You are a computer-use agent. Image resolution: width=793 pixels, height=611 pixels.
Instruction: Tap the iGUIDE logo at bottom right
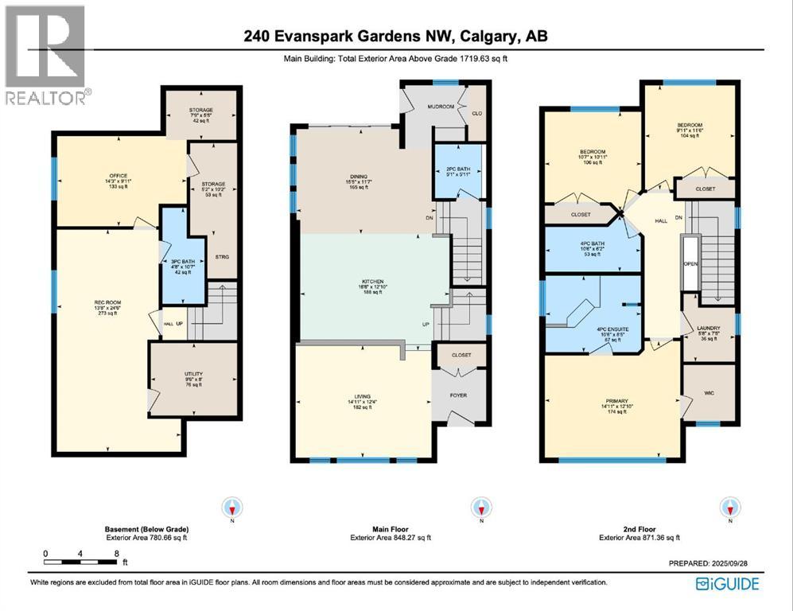coord(727,584)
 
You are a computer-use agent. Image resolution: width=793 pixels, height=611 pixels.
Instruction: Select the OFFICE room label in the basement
coord(119,176)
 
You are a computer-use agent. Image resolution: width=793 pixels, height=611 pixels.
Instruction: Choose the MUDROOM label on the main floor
coord(441,106)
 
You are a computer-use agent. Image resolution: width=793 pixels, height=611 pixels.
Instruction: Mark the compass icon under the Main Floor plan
coord(480,508)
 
